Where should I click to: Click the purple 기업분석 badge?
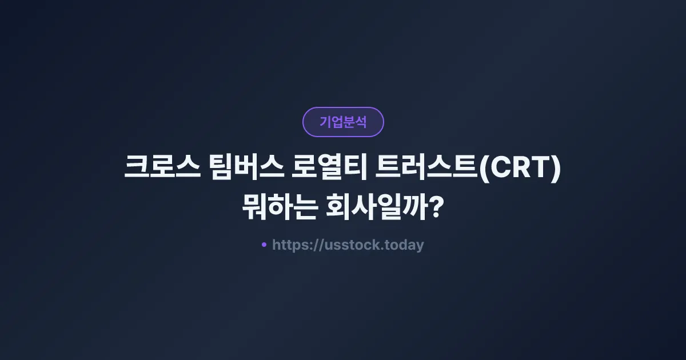point(343,122)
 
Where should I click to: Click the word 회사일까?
point(376,208)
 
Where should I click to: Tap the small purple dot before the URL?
point(264,245)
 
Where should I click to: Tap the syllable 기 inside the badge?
point(325,122)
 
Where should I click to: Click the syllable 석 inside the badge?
point(361,122)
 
